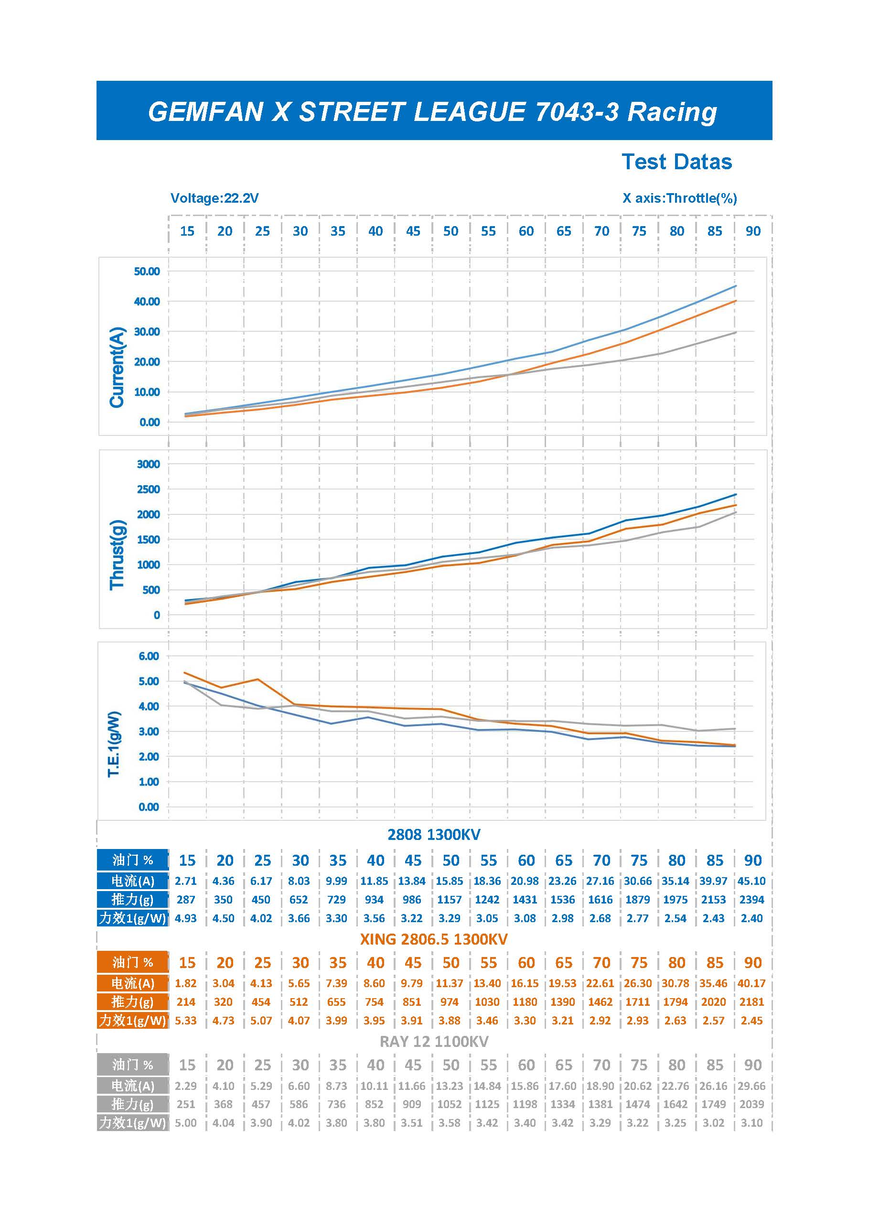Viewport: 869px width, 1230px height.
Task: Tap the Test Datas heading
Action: (x=676, y=162)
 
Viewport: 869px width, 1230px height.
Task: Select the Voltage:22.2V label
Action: (x=214, y=198)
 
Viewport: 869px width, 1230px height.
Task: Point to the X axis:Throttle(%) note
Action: (x=679, y=198)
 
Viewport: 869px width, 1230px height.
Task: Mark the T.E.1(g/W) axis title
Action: (x=114, y=744)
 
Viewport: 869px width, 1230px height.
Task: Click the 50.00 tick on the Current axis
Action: (x=147, y=271)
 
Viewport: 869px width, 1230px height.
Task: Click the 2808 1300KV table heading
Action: (x=434, y=835)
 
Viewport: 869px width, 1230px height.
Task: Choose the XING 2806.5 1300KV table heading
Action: (x=434, y=939)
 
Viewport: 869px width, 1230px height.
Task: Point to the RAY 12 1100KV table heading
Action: (x=434, y=1042)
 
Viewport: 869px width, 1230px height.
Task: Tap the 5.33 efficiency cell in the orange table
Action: (x=186, y=1021)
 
